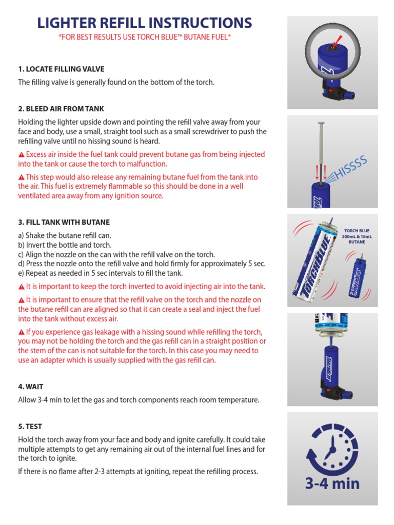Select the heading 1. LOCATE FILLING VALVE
(61, 69)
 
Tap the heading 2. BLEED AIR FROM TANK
(61, 109)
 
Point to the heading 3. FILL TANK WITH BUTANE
(64, 222)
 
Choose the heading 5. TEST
(30, 426)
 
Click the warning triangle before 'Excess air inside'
(22, 155)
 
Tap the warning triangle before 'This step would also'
(22, 177)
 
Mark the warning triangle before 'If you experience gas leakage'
(22, 332)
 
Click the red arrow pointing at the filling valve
(337, 41)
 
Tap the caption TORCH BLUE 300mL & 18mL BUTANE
(357, 236)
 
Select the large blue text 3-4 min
(332, 483)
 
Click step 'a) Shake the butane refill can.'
(64, 235)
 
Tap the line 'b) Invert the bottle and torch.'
(65, 245)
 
